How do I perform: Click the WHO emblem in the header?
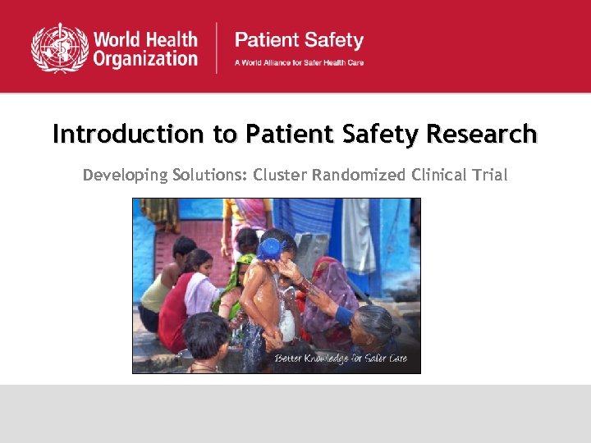[59, 48]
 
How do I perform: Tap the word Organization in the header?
[145, 59]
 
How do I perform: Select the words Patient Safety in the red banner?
[299, 39]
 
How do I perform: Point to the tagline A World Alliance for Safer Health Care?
[299, 62]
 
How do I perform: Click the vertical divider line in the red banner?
[217, 48]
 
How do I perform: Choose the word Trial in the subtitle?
[489, 175]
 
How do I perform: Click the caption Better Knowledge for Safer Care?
[340, 359]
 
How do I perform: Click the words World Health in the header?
[145, 39]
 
